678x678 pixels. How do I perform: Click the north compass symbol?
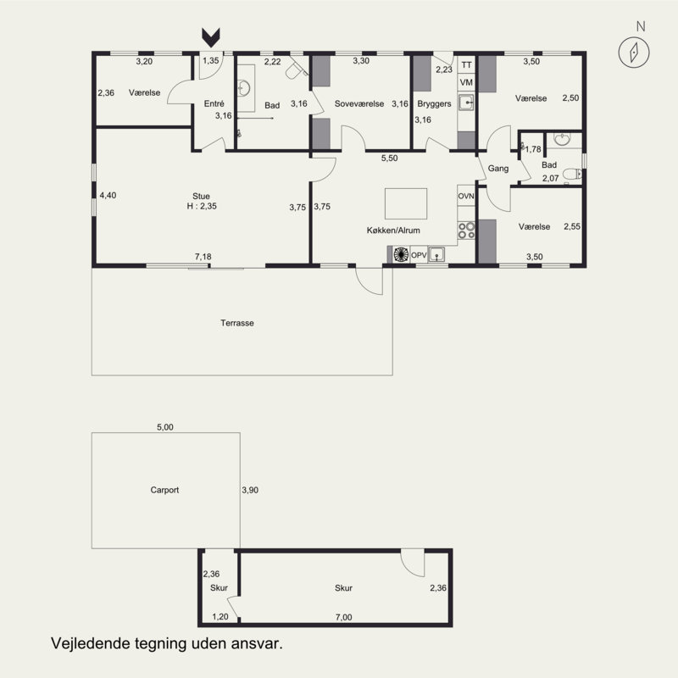pyautogui.click(x=633, y=52)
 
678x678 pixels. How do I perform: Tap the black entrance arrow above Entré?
pyautogui.click(x=211, y=37)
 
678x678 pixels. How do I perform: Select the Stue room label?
pyautogui.click(x=201, y=197)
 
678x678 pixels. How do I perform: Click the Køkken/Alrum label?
pyautogui.click(x=393, y=231)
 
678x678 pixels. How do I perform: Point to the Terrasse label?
pyautogui.click(x=237, y=323)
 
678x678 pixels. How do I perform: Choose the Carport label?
pyautogui.click(x=164, y=490)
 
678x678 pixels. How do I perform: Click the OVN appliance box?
pyautogui.click(x=466, y=196)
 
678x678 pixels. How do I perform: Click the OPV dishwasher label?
pyautogui.click(x=419, y=255)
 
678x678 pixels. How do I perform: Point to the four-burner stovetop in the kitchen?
pyautogui.click(x=466, y=231)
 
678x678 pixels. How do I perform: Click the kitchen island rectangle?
pyautogui.click(x=406, y=203)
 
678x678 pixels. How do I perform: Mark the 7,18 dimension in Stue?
pyautogui.click(x=203, y=257)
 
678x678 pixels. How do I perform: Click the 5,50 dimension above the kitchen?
pyautogui.click(x=389, y=158)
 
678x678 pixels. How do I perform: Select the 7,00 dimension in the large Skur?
pyautogui.click(x=344, y=617)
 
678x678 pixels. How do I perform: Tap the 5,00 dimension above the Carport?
pyautogui.click(x=164, y=427)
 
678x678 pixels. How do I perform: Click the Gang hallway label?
pyautogui.click(x=497, y=169)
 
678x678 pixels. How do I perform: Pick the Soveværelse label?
pyautogui.click(x=359, y=103)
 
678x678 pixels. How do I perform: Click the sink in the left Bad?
pyautogui.click(x=244, y=89)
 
